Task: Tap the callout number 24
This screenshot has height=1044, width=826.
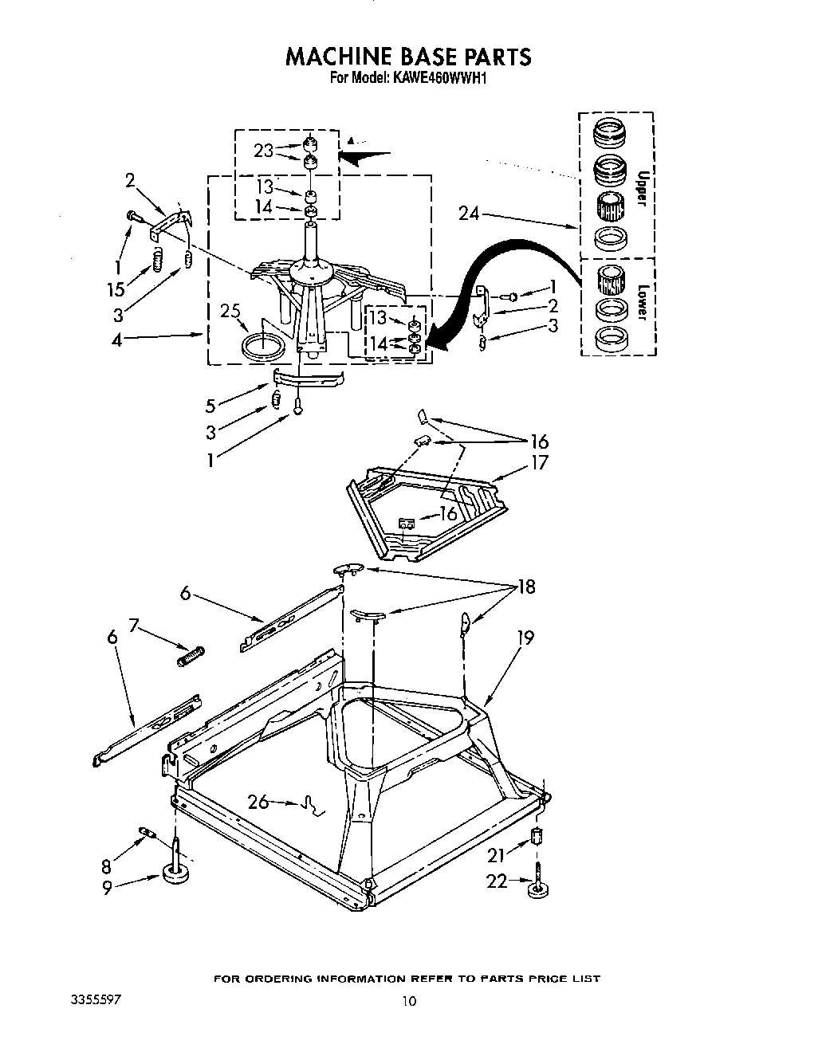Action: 470,213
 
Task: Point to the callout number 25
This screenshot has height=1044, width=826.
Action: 230,311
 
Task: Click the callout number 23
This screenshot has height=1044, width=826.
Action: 264,150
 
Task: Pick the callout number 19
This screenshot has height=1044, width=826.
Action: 524,638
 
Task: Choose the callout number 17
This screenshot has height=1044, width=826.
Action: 539,462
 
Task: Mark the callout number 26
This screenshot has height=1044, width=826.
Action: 258,801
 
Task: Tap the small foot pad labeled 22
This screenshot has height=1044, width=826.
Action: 539,889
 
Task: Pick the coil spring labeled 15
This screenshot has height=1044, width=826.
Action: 158,259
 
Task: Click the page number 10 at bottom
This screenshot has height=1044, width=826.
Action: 408,1002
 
